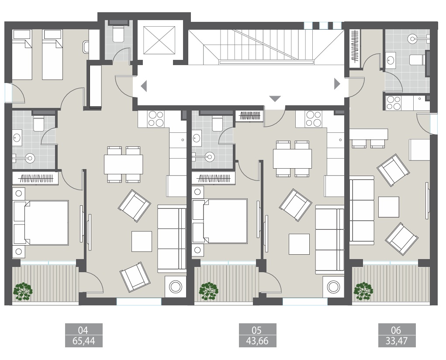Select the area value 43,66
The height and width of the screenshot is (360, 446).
[258, 341]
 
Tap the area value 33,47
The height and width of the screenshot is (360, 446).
[397, 341]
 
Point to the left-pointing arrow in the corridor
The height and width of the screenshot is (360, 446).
[144, 86]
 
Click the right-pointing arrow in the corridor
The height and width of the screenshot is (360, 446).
[336, 84]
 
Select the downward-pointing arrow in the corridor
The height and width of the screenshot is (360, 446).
[275, 99]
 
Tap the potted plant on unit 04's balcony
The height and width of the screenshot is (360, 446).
[23, 291]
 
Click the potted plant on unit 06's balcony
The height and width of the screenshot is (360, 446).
[363, 290]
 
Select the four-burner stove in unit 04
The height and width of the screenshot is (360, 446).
[156, 118]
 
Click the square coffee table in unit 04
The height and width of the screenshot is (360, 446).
[142, 241]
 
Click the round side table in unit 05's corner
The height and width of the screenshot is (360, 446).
[333, 287]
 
